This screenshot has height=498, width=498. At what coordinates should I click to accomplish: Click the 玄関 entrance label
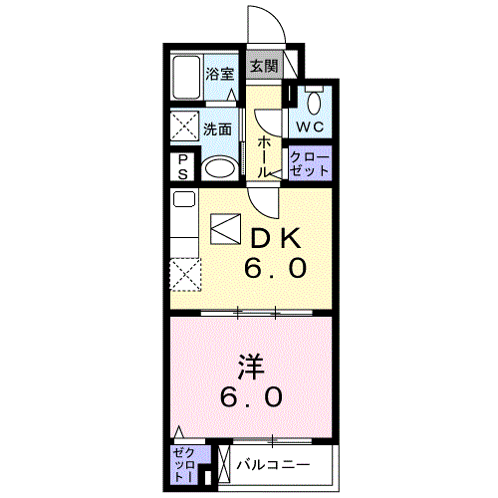(264, 66)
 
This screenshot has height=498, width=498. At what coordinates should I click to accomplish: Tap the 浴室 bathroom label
(220, 74)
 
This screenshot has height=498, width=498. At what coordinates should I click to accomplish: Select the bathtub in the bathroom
(186, 77)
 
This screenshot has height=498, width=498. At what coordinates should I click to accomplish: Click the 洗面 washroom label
(217, 129)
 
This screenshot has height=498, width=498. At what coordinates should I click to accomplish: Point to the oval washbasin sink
(220, 168)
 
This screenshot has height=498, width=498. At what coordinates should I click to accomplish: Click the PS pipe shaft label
(182, 167)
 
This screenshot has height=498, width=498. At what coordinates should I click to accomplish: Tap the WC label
(310, 126)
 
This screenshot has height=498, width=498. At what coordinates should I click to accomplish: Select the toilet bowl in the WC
(314, 104)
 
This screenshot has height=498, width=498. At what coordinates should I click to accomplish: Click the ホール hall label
(264, 156)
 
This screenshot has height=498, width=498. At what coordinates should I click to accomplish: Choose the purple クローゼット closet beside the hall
(310, 163)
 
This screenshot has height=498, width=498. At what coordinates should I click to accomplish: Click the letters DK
(276, 238)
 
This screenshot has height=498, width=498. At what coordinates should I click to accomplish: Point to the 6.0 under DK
(275, 268)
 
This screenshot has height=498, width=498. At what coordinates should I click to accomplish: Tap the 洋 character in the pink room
(251, 368)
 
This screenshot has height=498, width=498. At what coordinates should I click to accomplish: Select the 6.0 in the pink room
(251, 396)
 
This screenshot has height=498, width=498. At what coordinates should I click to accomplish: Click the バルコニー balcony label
(273, 465)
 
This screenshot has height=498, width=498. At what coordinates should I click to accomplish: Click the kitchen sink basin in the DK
(184, 199)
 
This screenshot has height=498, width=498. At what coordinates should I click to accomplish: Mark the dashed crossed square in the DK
(185, 275)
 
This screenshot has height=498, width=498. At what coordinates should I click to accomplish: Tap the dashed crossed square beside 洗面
(184, 126)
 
